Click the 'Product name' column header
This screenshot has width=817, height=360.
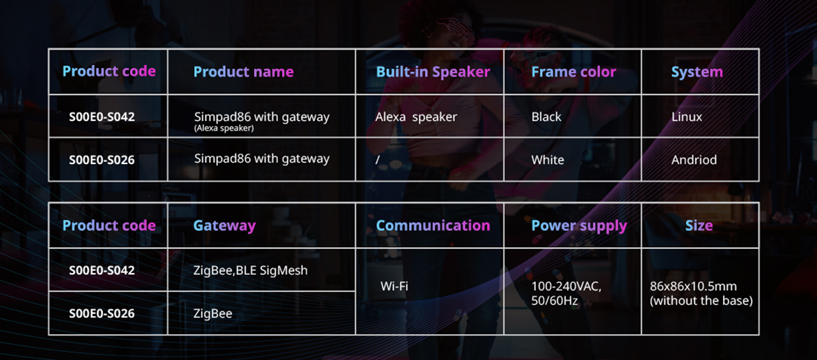243,72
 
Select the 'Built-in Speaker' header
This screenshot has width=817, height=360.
433,72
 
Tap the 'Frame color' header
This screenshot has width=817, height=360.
574,72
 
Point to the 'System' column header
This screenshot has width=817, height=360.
697,72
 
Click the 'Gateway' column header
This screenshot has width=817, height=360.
224,226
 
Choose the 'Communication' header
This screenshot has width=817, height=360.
433,225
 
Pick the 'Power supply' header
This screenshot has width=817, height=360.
579,226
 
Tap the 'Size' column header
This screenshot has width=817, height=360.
699,225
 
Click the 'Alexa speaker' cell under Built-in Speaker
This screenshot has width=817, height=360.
416,117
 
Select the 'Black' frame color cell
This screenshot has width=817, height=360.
546,117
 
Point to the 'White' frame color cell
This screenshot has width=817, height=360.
547,160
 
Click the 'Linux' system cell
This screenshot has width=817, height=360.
687,117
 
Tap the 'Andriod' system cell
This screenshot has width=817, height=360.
694,160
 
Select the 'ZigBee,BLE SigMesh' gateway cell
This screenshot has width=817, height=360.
251,271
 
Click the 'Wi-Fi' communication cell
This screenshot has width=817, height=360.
394,287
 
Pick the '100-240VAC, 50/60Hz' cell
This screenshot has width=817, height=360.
566,293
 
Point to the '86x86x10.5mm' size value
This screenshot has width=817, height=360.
693,287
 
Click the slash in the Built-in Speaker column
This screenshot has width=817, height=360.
377,160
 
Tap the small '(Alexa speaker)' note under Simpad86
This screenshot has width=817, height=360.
224,129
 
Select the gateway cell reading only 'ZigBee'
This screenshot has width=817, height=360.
212,314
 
